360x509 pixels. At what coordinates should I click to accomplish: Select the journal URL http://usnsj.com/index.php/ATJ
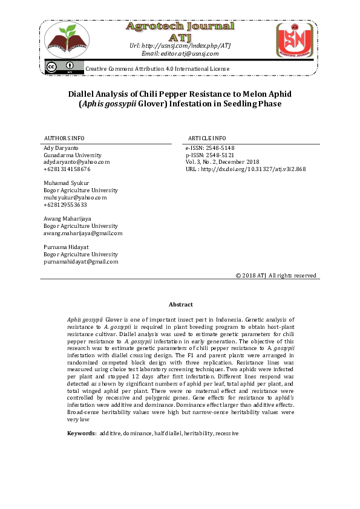point(180,45)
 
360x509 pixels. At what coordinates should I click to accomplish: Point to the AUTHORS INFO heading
point(64,138)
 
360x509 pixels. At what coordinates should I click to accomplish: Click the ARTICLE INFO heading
point(207,138)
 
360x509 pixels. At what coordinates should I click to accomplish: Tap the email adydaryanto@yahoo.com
point(76,162)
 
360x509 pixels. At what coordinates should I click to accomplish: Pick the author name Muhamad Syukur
point(67,183)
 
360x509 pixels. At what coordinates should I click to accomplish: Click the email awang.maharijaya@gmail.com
point(82,233)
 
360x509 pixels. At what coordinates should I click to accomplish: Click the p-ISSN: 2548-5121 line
point(209,155)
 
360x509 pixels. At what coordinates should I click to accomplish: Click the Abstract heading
point(180,305)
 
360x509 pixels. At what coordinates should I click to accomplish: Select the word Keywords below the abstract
point(81,433)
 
